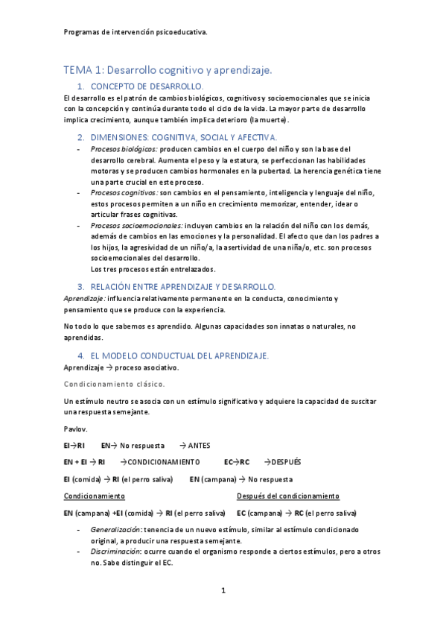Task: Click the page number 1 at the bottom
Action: click(x=223, y=591)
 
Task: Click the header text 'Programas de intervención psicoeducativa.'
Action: click(x=136, y=32)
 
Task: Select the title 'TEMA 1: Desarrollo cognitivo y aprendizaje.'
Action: click(x=168, y=70)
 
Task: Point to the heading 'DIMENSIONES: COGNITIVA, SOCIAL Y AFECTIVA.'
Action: click(x=183, y=137)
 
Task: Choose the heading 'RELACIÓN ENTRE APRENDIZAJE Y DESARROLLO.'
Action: click(x=182, y=286)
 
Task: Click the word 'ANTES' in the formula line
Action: click(x=199, y=446)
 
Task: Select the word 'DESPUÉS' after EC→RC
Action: click(x=287, y=462)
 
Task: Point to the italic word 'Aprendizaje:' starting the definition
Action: click(x=85, y=298)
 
